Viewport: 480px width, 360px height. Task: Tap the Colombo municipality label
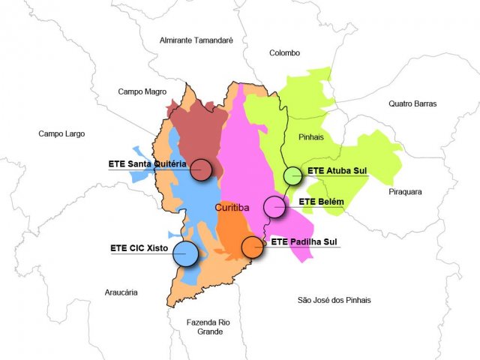click(x=284, y=53)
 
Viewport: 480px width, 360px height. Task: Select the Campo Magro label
click(x=142, y=91)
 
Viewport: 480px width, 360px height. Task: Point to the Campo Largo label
click(x=61, y=133)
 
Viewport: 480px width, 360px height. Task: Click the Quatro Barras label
click(x=412, y=103)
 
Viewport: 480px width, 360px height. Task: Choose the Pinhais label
click(x=310, y=138)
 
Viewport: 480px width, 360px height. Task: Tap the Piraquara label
click(x=405, y=192)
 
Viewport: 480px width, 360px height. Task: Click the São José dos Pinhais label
click(x=334, y=300)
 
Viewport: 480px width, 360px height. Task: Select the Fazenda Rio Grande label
click(x=208, y=327)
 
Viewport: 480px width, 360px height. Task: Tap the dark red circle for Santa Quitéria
click(x=201, y=170)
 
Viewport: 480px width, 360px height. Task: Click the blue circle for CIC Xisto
click(x=185, y=253)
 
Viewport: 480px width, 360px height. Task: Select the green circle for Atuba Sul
click(x=292, y=177)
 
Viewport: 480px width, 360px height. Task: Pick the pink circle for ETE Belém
click(x=274, y=206)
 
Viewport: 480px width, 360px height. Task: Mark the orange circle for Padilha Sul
click(x=253, y=247)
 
